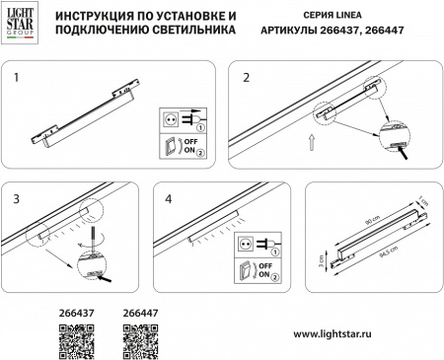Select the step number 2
[x=247, y=76]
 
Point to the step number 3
[x=17, y=199]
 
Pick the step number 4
[x=169, y=199]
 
